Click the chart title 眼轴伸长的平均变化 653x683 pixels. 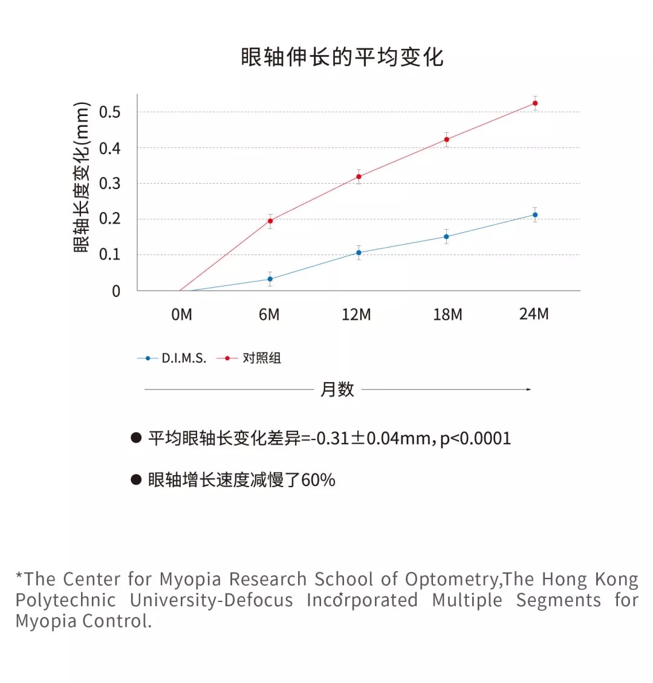point(342,57)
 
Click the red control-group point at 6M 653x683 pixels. point(270,221)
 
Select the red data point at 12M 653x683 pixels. point(359,176)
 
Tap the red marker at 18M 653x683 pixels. point(447,140)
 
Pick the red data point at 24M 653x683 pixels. point(535,103)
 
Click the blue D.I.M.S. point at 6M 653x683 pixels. point(270,279)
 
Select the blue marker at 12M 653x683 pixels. point(359,253)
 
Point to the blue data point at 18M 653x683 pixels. point(447,236)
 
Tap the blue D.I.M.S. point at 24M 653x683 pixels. point(535,215)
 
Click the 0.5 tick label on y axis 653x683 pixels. point(109,112)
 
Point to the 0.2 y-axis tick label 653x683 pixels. point(109,219)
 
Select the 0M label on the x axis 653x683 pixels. point(181,315)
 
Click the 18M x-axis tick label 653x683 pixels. point(447,315)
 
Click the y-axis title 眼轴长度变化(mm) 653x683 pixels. point(82,177)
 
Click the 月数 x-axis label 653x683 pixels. point(337,390)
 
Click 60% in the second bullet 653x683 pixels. point(318,480)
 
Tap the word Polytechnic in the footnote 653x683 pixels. point(65,600)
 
